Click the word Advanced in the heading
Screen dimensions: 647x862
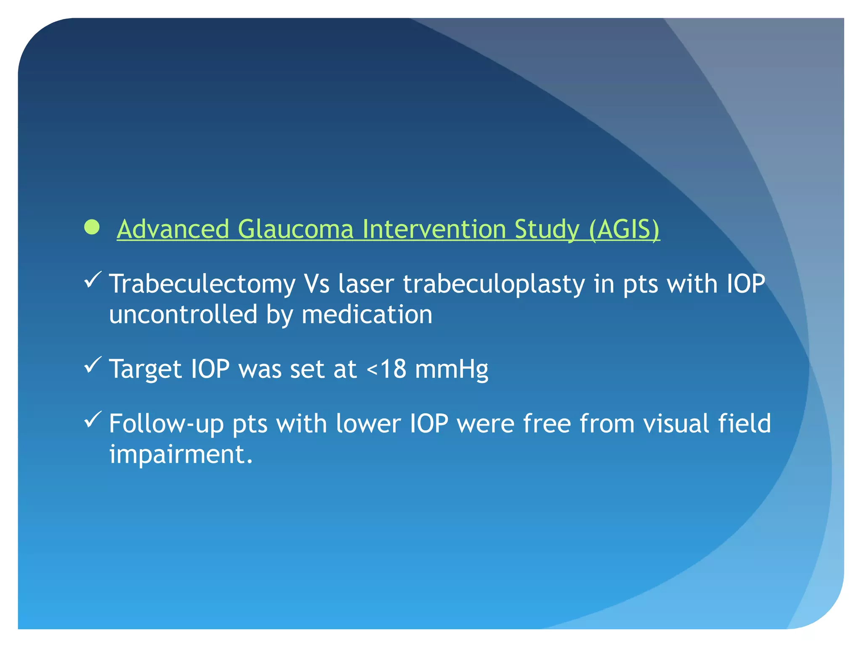coord(173,230)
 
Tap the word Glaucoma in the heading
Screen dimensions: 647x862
coord(295,230)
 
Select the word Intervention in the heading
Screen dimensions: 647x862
coord(434,230)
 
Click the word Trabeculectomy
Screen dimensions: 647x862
coord(202,284)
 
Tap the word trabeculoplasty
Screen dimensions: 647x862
coord(494,284)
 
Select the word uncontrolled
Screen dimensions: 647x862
coord(183,315)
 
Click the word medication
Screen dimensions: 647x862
coord(367,315)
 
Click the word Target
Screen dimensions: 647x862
coord(145,369)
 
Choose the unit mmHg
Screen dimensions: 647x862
coord(451,369)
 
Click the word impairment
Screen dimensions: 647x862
coord(181,455)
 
